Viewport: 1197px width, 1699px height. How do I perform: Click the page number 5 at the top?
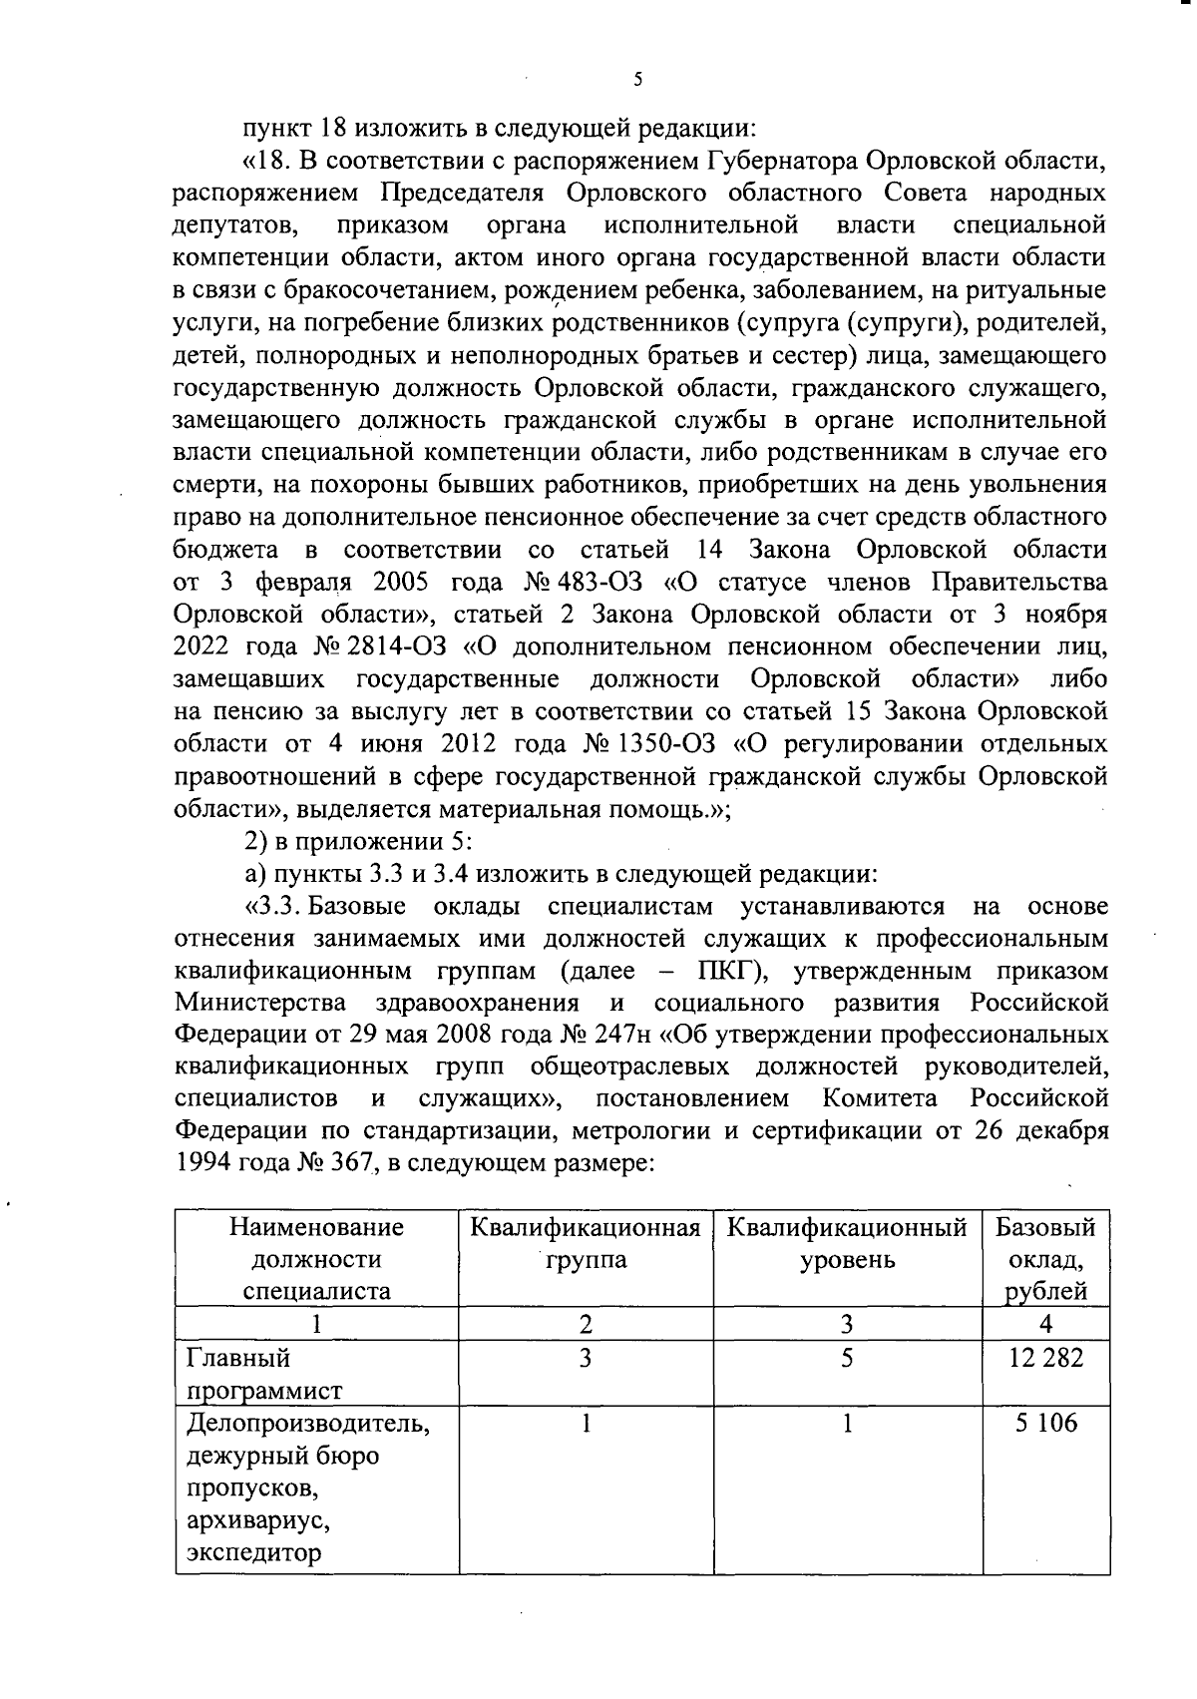pos(637,81)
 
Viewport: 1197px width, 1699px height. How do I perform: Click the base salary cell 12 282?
pos(1045,1358)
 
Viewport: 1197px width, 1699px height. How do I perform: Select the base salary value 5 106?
pos(1045,1423)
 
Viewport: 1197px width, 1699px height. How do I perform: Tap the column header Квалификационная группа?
pos(586,1243)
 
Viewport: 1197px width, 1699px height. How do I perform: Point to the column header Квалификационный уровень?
pos(847,1243)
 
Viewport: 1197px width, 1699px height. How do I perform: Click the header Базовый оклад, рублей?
pos(1045,1259)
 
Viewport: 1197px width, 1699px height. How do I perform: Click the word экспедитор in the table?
pos(254,1553)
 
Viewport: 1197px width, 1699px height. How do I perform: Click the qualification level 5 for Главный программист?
pos(847,1358)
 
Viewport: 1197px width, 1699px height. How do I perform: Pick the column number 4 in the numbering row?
pos(1045,1325)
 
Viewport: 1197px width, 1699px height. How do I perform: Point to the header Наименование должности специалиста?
pos(316,1259)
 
